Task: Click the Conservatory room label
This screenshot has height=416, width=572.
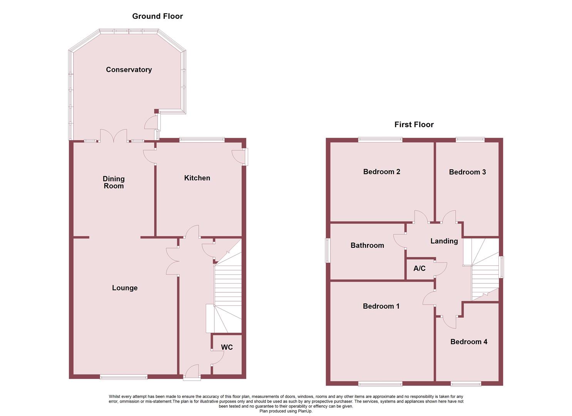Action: click(x=129, y=70)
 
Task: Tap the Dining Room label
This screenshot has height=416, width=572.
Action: click(x=114, y=182)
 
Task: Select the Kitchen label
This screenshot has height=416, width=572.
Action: click(x=197, y=178)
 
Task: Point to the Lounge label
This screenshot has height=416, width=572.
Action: click(x=124, y=288)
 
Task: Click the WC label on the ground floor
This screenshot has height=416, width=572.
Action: click(x=227, y=347)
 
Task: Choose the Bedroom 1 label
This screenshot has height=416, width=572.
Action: click(x=381, y=306)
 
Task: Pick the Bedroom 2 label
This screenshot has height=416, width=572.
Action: click(x=381, y=172)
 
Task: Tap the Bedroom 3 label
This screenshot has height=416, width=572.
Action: click(x=467, y=172)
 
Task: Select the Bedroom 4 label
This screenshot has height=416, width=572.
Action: click(x=468, y=342)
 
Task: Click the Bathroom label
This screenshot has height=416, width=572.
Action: click(x=367, y=245)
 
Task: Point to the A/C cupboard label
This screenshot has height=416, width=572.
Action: click(x=419, y=268)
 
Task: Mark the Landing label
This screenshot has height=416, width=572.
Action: click(x=444, y=241)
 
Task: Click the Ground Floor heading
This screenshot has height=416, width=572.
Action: click(x=157, y=16)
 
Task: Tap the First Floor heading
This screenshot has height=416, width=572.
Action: click(x=414, y=124)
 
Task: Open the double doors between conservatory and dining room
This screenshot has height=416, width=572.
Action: click(x=114, y=137)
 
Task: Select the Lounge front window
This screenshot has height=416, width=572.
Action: click(x=123, y=377)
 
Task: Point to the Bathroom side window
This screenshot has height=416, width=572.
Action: click(x=328, y=250)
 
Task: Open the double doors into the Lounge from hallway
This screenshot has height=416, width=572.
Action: click(x=173, y=261)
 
